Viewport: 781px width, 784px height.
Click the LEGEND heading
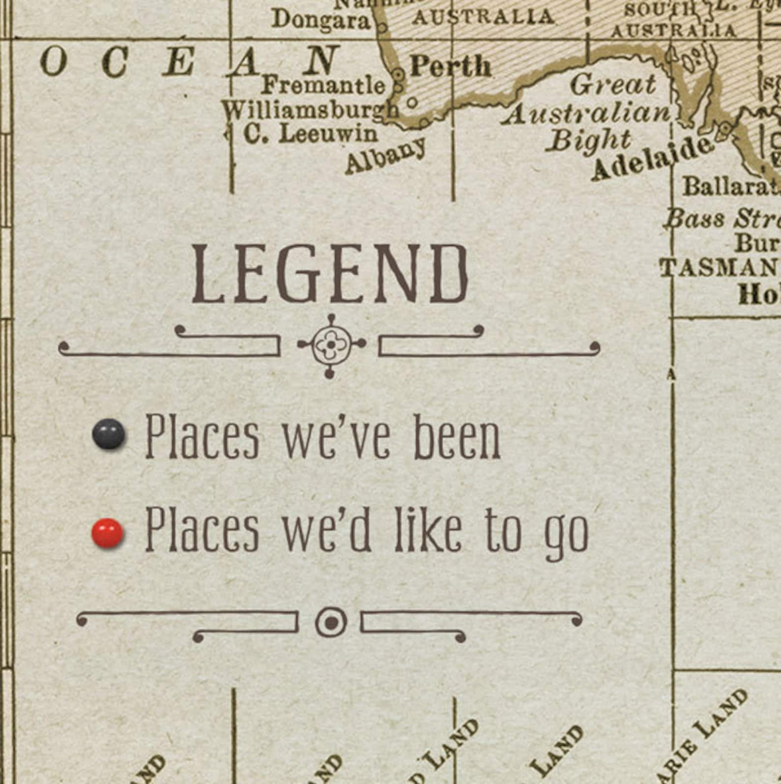330,274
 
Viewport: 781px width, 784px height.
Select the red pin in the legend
108,533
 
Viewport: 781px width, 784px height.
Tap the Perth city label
450,66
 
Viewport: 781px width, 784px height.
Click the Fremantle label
323,86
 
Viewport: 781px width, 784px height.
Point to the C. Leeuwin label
311,134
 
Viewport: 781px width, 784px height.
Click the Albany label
385,156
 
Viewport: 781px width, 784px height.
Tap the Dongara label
321,20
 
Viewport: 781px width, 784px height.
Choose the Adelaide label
652,159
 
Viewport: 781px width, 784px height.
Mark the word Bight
590,141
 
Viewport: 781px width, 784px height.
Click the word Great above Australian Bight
613,85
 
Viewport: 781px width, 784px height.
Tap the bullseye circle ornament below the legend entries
331,623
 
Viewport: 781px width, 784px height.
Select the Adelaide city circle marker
725,129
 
